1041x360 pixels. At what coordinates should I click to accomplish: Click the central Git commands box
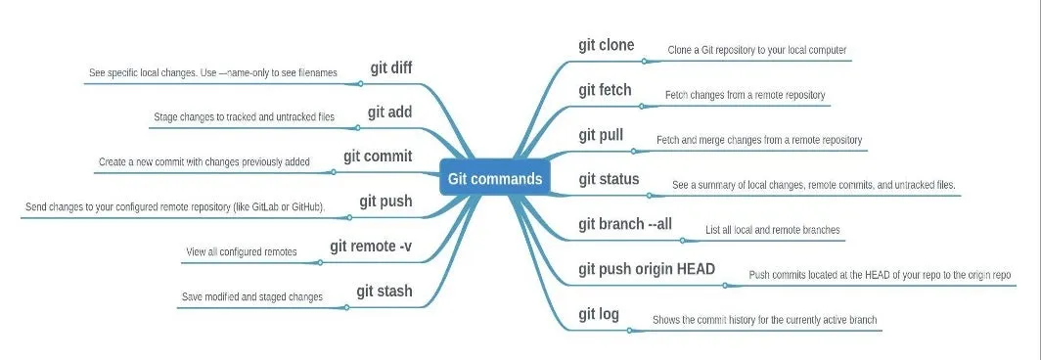click(x=495, y=179)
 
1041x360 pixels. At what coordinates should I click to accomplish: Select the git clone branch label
click(x=607, y=45)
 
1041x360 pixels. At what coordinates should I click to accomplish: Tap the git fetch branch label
click(x=605, y=90)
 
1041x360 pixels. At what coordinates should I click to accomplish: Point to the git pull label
click(x=601, y=135)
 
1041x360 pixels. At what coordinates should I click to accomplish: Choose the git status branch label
click(x=609, y=179)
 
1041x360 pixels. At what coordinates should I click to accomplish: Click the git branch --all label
click(x=625, y=224)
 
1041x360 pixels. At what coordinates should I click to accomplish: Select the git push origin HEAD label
click(x=647, y=269)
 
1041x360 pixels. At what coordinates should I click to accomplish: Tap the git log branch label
click(x=599, y=314)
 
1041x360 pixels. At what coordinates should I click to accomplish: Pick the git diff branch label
click(x=390, y=68)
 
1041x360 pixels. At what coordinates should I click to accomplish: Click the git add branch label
click(x=389, y=112)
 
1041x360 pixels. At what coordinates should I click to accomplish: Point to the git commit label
click(x=378, y=157)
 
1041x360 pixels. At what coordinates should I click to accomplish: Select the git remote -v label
click(x=371, y=246)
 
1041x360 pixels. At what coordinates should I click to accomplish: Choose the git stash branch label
click(x=384, y=291)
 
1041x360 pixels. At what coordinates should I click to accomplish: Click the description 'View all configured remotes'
click(x=241, y=252)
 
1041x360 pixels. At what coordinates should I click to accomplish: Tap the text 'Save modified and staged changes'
click(x=252, y=296)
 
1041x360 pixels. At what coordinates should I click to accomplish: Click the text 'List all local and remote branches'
click(x=773, y=231)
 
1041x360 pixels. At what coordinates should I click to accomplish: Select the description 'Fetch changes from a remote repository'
click(x=746, y=96)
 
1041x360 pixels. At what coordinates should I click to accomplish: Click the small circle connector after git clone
click(x=644, y=61)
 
